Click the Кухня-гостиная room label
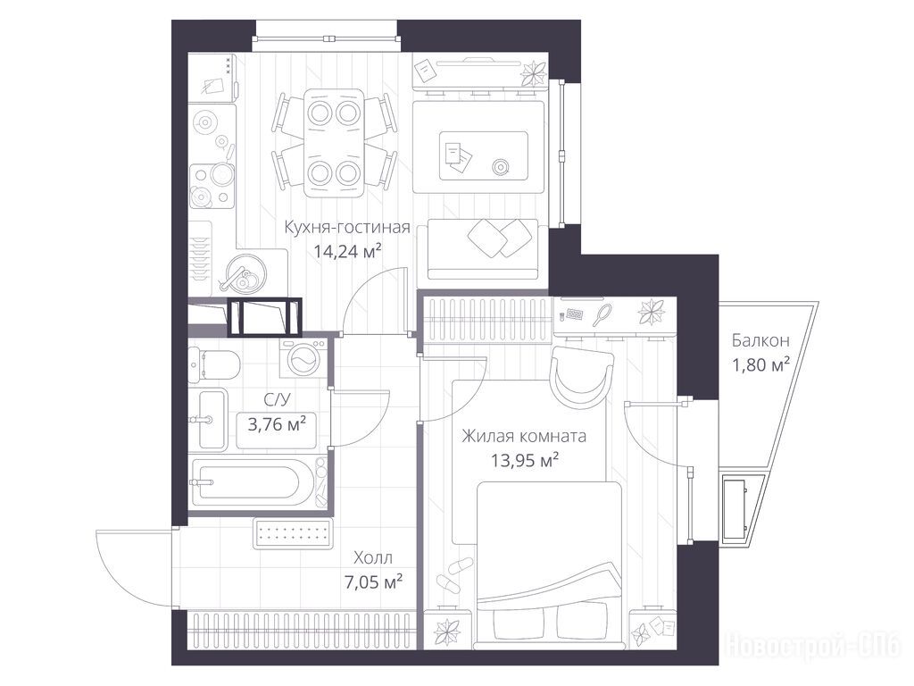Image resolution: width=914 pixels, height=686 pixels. click(347, 227)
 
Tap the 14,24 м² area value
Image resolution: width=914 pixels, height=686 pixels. click(347, 251)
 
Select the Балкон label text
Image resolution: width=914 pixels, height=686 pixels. click(760, 340)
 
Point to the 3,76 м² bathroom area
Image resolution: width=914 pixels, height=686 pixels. click(277, 423)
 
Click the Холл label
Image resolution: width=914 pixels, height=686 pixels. click(373, 558)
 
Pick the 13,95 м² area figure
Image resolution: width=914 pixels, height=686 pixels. click(525, 461)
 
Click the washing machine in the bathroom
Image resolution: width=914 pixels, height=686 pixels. click(303, 358)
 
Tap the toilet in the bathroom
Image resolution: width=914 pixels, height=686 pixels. click(213, 364)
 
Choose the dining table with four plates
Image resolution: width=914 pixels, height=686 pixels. click(334, 143)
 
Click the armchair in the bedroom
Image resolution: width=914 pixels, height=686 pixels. click(583, 376)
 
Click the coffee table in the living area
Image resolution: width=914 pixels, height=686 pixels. click(483, 155)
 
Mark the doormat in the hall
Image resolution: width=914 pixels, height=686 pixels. click(293, 533)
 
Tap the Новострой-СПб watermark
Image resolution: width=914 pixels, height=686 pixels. click(812, 646)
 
